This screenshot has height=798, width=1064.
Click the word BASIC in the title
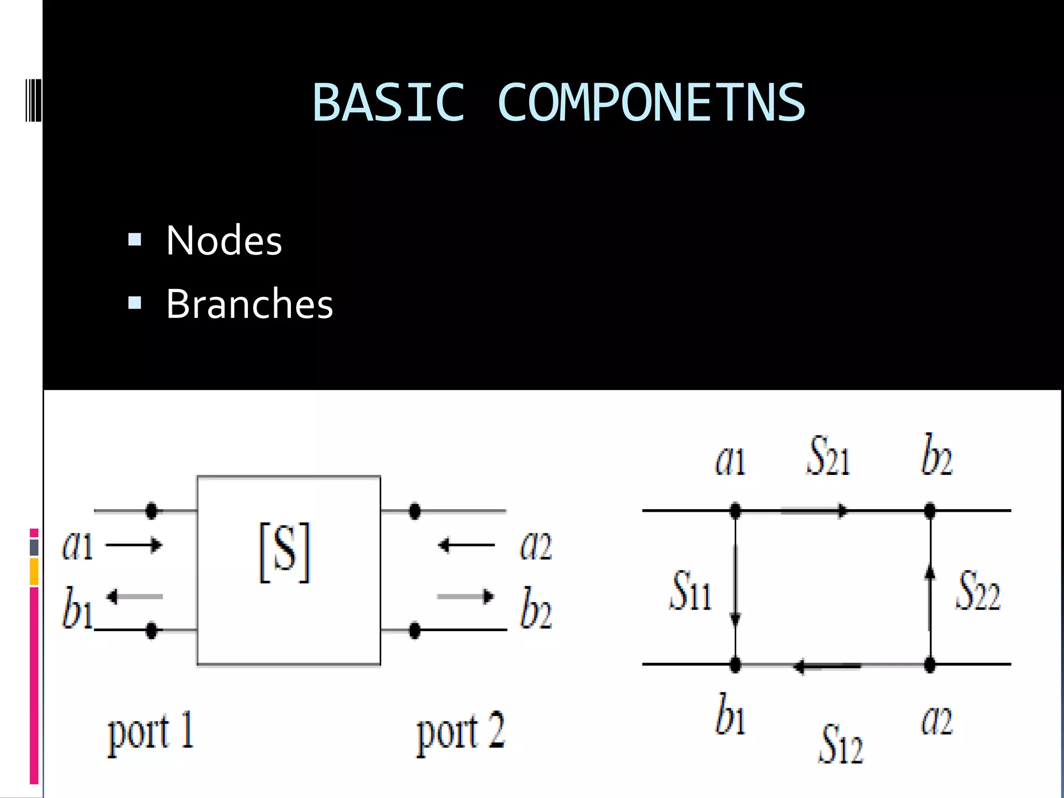tap(388, 103)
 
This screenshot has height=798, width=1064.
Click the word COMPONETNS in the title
tap(651, 103)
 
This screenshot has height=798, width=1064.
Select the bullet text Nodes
tap(223, 241)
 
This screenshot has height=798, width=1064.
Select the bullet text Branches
tap(249, 304)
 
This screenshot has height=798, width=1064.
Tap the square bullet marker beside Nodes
tap(135, 240)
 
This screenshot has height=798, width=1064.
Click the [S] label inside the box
tap(285, 552)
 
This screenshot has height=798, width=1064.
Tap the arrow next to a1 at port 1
tap(134, 545)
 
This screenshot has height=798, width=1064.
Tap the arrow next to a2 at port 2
tap(466, 545)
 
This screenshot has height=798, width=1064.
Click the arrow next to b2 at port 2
tap(465, 596)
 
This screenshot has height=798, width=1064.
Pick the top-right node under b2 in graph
tap(930, 511)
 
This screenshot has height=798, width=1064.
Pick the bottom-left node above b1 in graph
tap(735, 664)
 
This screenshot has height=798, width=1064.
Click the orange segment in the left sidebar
tap(34, 571)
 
